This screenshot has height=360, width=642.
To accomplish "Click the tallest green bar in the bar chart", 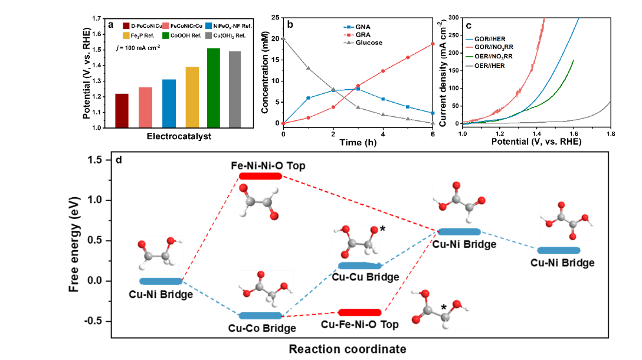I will click(x=213, y=87).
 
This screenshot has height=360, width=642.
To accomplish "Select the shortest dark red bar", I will click(x=122, y=110).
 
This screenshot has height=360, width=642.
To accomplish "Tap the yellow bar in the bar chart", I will click(x=192, y=97).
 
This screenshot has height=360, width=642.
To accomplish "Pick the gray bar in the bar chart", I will click(x=235, y=89).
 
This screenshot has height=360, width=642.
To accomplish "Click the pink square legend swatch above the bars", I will click(x=166, y=26).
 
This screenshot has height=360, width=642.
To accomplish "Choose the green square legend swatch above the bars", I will click(x=166, y=35).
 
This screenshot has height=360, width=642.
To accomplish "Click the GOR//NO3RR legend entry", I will click(x=489, y=47).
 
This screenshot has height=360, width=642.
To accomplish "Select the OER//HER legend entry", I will click(x=489, y=66).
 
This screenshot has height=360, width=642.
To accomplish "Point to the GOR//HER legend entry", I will click(x=489, y=38).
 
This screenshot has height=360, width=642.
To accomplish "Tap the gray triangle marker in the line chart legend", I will click(x=349, y=42).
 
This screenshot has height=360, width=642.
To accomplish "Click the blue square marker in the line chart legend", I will click(x=349, y=27).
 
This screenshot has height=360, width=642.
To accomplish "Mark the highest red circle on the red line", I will click(x=433, y=44).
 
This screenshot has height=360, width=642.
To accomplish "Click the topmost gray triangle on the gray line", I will click(x=283, y=38).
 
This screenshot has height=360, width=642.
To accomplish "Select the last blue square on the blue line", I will click(x=433, y=113).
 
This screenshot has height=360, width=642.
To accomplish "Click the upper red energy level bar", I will click(x=260, y=176).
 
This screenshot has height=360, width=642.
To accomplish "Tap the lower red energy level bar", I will click(x=359, y=312).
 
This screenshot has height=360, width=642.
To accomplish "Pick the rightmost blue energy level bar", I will click(x=559, y=250).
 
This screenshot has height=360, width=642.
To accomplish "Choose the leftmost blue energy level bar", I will click(x=160, y=282).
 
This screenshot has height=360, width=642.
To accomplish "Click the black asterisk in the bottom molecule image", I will click(x=444, y=307).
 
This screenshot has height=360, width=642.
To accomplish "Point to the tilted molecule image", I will click(x=356, y=241).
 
